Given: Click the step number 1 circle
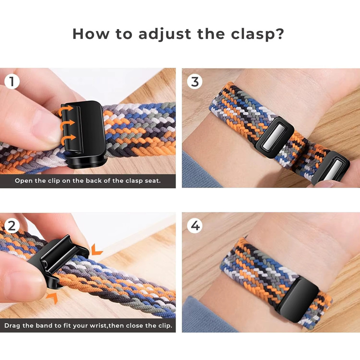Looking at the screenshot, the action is pos(12,82).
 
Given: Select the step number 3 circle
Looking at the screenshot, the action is pos(195,82).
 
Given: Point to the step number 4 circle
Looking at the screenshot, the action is pos(195,226).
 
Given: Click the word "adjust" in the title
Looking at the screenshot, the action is pos(165,34).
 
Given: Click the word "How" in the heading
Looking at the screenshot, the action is pos(91,34).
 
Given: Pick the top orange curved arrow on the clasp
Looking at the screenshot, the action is pos(66,110).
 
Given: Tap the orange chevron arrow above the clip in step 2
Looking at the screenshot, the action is pos(96,250).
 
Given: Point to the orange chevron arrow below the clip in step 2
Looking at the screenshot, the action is pos(52,298).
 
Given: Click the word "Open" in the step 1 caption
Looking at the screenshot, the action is pos(24,181).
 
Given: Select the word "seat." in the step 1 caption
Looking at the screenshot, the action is pos(152,181).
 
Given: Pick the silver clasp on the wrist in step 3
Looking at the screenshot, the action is pos(274,137).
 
